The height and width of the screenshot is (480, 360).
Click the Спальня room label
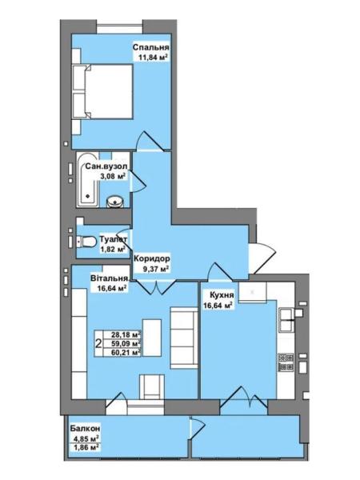[x=151, y=47]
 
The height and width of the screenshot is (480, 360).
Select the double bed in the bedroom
[x=102, y=91]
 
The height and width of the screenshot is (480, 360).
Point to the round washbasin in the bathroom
[x=114, y=202]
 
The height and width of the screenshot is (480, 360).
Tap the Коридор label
[x=151, y=259]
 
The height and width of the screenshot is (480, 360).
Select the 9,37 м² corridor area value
[x=156, y=269]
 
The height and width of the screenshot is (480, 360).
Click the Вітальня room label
[x=109, y=278]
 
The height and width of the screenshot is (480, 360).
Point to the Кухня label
[x=222, y=295]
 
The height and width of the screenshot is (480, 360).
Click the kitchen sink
[x=287, y=321]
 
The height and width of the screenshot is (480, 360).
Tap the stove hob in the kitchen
[x=286, y=362]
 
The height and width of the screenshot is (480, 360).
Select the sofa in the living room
[x=184, y=338]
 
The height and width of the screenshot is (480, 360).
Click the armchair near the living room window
[x=152, y=386]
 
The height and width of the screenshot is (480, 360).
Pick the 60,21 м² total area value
[x=126, y=353]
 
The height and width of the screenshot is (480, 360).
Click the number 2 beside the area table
[x=98, y=344]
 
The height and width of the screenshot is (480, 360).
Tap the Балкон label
[x=85, y=428]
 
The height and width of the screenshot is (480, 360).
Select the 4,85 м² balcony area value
[x=86, y=438]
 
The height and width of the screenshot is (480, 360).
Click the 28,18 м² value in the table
[x=126, y=334]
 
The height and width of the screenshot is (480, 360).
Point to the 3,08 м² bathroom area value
[x=113, y=176]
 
